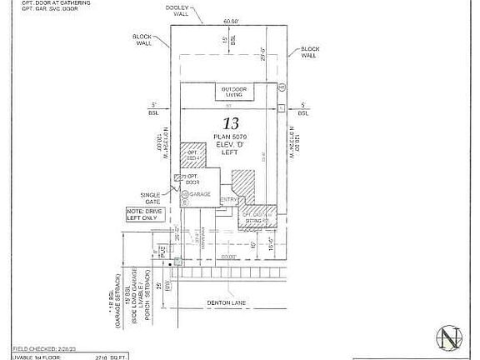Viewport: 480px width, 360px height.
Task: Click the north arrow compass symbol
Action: click(450, 338)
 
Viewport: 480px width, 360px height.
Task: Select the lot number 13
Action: click(223, 122)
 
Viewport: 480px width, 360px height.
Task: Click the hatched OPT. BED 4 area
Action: click(193, 155)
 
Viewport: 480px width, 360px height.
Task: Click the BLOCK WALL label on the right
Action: click(310, 52)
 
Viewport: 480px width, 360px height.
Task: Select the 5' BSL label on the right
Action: click(304, 107)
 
